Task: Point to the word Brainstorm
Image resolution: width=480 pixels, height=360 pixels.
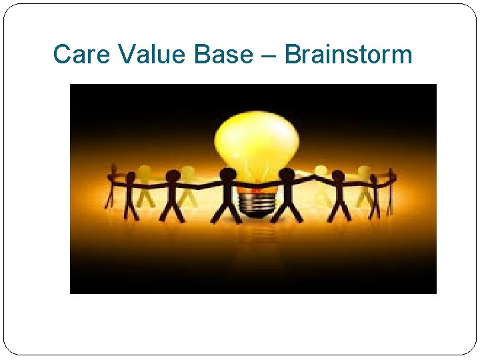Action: (348, 54)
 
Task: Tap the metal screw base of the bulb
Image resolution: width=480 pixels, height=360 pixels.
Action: (257, 200)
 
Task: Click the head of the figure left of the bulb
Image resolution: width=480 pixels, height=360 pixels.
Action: (228, 175)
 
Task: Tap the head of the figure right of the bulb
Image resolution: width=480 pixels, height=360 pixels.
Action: (287, 175)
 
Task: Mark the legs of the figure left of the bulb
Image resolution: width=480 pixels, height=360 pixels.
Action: (228, 210)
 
